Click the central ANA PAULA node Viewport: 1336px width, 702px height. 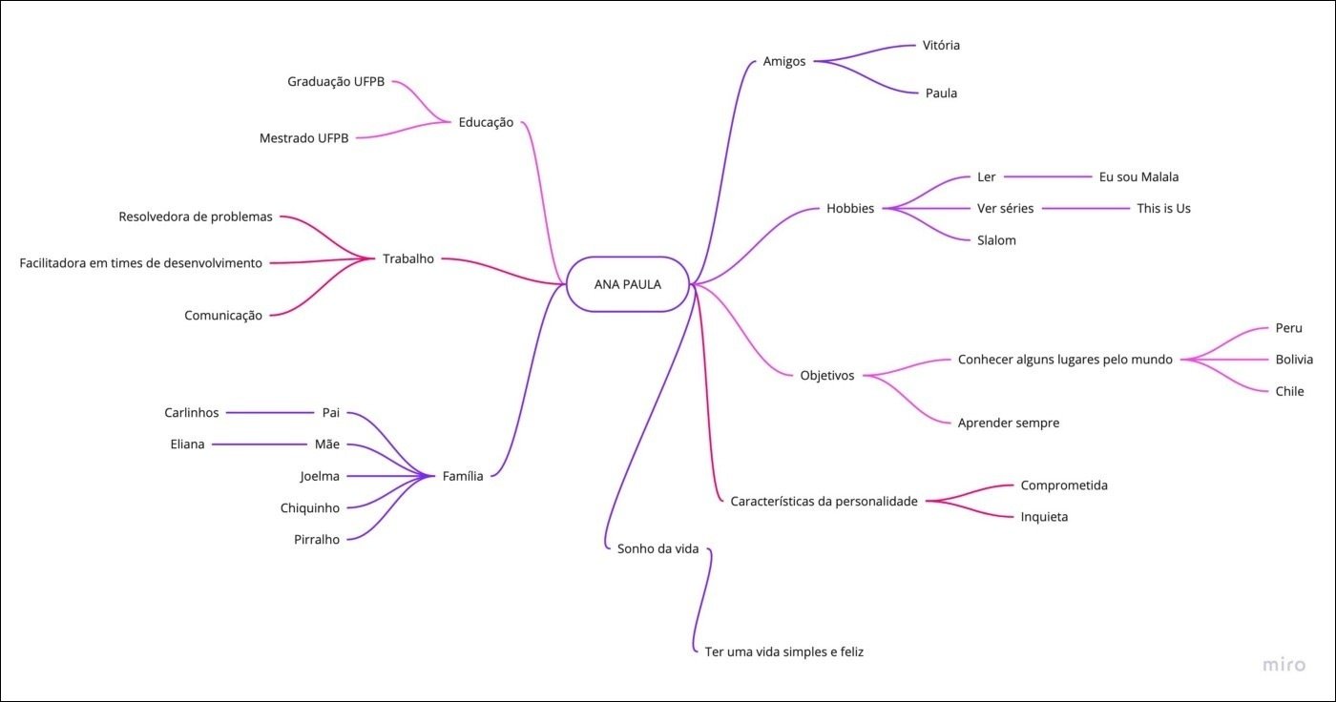point(627,283)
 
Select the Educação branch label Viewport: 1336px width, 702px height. point(486,122)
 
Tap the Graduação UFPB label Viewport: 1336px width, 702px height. point(336,82)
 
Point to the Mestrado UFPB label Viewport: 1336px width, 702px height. point(303,138)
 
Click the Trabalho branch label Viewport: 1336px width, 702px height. point(407,258)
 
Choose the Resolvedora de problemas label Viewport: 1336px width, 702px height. point(196,217)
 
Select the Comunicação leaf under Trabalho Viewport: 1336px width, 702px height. point(223,316)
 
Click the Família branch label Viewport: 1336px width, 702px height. point(463,476)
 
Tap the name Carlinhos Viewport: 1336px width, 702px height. point(191,413)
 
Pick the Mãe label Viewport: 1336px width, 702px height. point(327,444)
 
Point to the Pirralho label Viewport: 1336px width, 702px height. point(317,540)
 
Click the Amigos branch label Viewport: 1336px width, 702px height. point(784,61)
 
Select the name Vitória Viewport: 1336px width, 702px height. point(941,45)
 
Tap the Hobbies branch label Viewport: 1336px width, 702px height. point(850,209)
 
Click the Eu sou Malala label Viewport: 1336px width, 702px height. point(1138,176)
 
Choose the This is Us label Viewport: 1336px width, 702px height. point(1163,208)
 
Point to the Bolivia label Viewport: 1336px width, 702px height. point(1294,360)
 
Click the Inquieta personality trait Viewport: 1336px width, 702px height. point(1044,517)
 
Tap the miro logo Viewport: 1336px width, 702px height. point(1283,665)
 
